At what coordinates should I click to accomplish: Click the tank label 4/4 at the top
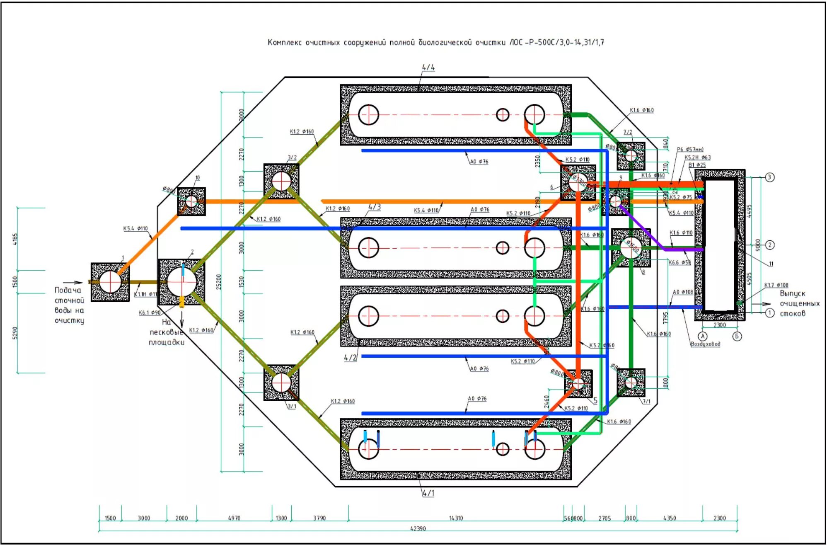(428, 67)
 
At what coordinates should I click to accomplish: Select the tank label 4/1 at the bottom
(428, 493)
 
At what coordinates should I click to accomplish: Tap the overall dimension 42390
(418, 528)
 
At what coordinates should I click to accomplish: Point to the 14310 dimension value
(456, 518)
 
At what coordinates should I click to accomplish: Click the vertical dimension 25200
(219, 282)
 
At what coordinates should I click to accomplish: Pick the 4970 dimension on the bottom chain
(234, 518)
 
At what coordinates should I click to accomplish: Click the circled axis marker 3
(769, 177)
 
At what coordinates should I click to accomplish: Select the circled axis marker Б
(737, 336)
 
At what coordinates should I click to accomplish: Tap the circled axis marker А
(703, 336)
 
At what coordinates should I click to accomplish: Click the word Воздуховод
(705, 344)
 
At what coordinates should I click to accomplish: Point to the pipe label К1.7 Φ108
(776, 285)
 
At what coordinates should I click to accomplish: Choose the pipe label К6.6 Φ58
(679, 262)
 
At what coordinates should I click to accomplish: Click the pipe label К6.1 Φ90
(150, 312)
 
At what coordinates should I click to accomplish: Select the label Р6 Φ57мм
(690, 149)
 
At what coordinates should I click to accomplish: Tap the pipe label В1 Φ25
(697, 165)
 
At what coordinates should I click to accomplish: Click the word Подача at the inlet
(68, 290)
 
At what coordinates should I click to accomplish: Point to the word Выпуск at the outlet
(792, 293)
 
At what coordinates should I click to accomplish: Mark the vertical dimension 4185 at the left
(15, 239)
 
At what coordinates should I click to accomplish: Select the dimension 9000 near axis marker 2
(758, 245)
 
